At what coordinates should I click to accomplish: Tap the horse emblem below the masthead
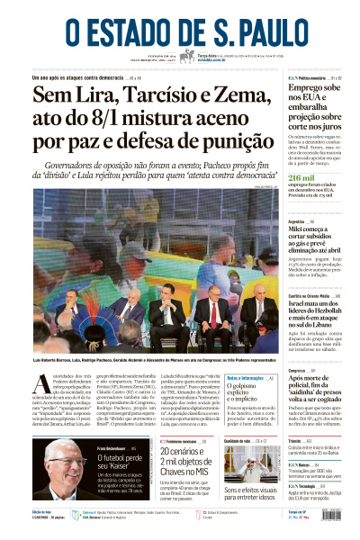click(x=186, y=56)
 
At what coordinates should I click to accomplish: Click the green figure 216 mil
click(x=302, y=178)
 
